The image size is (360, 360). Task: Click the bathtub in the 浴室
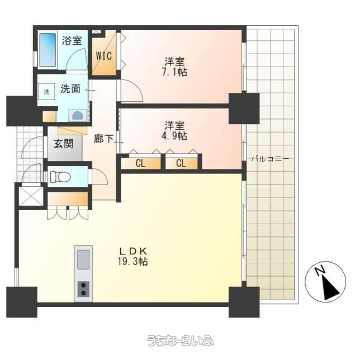click(48, 50)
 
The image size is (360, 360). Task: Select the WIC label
click(104, 56)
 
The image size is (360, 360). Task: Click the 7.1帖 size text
click(174, 72)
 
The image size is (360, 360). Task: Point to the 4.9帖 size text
click(174, 136)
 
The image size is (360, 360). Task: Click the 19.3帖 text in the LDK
click(132, 262)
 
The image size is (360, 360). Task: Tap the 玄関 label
click(64, 144)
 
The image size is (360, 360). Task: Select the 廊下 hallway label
click(103, 139)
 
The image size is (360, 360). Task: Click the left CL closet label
click(140, 164)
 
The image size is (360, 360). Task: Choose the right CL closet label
click(181, 164)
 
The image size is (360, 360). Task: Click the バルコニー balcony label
click(270, 159)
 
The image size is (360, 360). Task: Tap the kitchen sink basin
click(83, 259)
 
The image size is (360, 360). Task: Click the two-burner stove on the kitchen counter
click(83, 289)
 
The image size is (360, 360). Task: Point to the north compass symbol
click(325, 281)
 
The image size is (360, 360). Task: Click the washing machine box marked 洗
click(46, 92)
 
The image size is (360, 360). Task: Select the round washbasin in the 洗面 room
click(78, 115)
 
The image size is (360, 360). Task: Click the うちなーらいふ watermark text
click(180, 340)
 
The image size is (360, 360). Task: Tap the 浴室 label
click(72, 41)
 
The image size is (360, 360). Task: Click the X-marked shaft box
click(31, 196)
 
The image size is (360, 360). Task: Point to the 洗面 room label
click(70, 89)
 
